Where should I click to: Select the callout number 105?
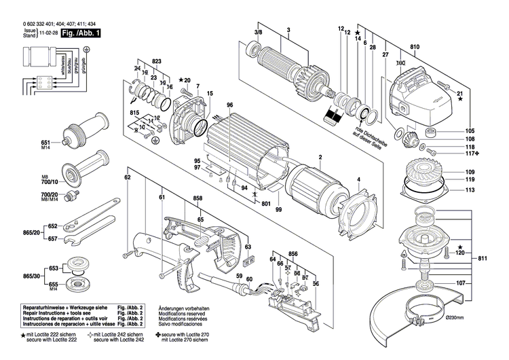[470, 130]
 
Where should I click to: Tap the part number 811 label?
[483, 259]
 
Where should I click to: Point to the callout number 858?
[197, 198]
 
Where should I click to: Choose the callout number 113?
[470, 191]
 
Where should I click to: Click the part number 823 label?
[157, 62]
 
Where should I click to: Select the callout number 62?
[127, 177]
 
